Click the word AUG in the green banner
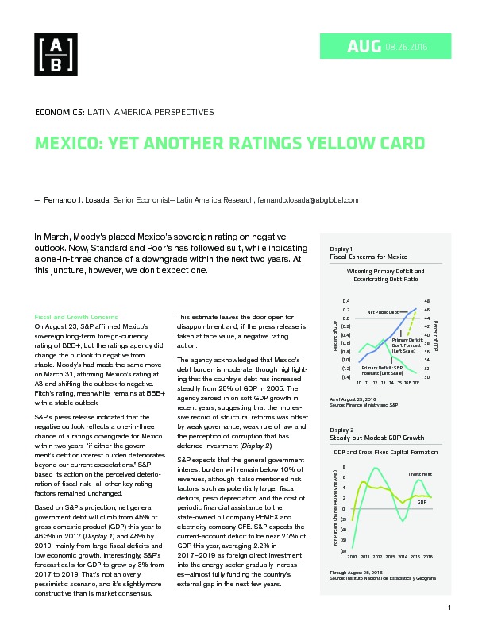(365, 48)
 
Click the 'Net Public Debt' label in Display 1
(382, 312)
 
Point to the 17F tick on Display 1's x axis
(418, 383)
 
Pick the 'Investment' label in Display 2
(420, 474)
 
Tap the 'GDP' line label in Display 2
(422, 502)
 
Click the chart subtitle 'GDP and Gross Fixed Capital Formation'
(388, 451)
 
